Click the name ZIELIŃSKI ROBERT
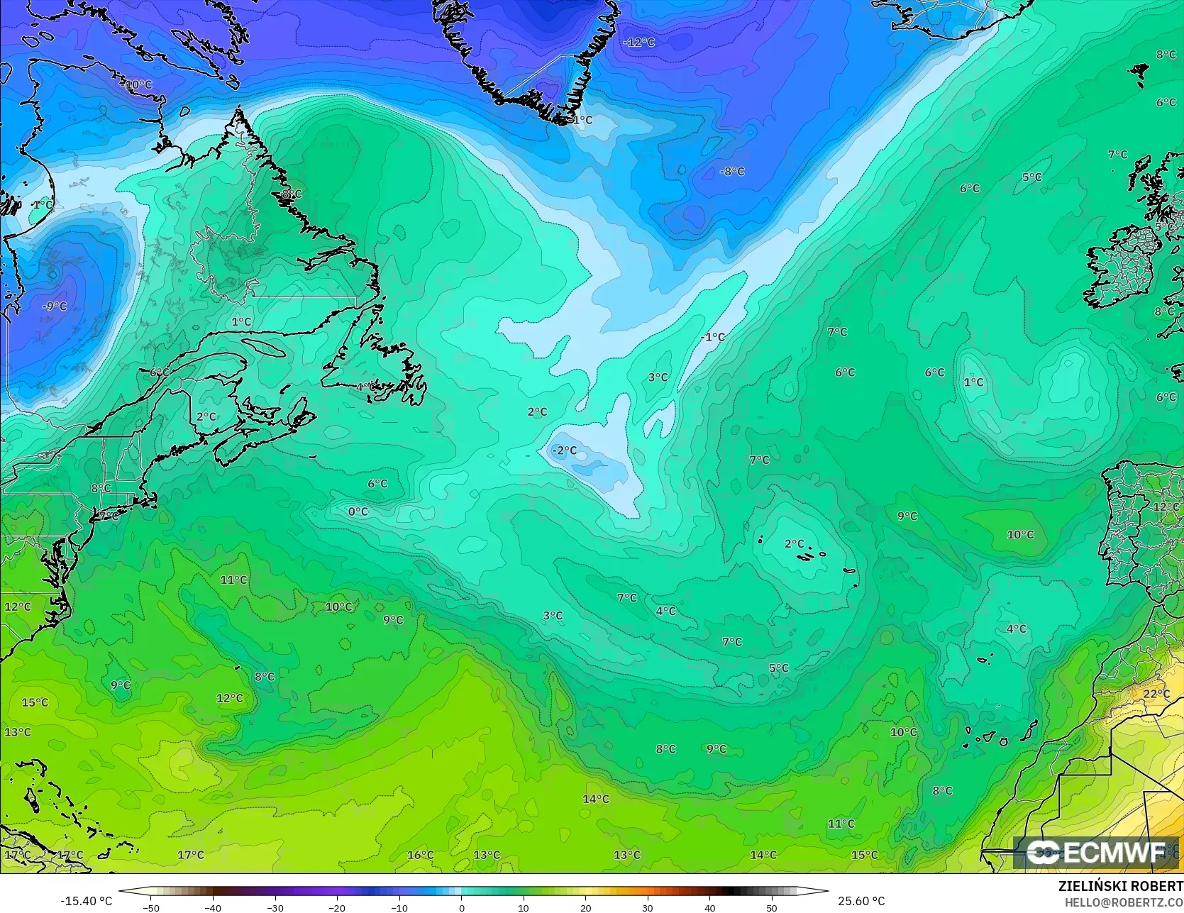click(x=1120, y=886)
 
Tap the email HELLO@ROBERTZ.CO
click(x=1124, y=901)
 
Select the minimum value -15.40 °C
click(x=86, y=901)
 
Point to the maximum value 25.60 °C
click(x=861, y=901)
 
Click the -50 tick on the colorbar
click(x=151, y=907)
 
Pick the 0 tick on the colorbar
click(x=461, y=907)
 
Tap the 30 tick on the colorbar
click(x=647, y=907)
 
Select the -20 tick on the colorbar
click(x=337, y=907)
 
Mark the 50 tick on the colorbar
click(x=771, y=907)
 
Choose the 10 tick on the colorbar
click(x=523, y=907)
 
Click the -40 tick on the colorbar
click(x=213, y=907)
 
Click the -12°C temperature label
click(x=638, y=43)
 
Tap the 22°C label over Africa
click(x=1156, y=693)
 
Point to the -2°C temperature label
click(x=565, y=450)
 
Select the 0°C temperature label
click(x=358, y=511)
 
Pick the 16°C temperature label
click(x=421, y=855)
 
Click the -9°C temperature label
click(x=55, y=306)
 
